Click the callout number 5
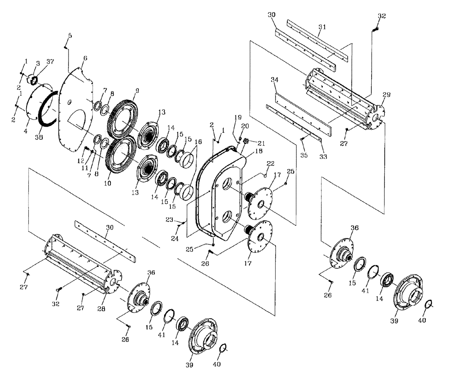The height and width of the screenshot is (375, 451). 70,35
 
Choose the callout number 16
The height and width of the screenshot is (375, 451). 198,154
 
